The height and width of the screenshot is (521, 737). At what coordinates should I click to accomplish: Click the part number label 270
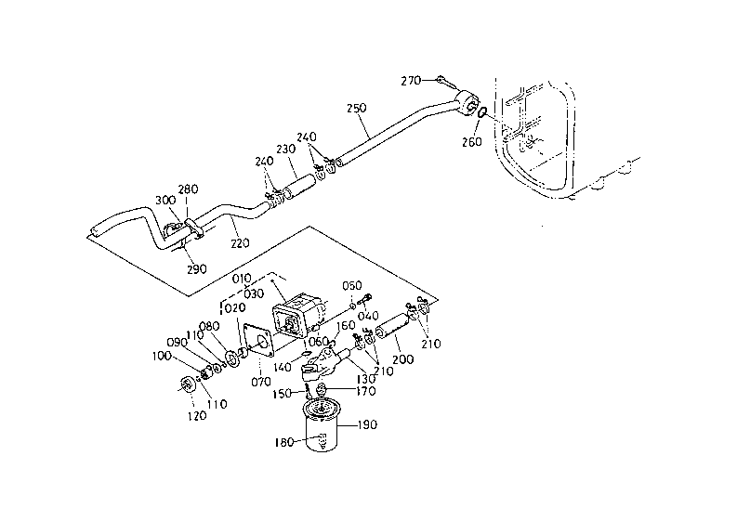411,81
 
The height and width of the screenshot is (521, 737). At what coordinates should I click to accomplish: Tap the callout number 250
356,108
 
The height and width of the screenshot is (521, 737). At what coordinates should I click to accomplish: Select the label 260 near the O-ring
471,141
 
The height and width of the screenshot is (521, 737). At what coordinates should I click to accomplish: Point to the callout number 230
285,149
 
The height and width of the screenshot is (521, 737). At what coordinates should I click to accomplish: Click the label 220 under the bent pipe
240,243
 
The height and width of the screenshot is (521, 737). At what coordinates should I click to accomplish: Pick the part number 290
196,269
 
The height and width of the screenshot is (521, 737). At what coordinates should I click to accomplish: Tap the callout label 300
165,200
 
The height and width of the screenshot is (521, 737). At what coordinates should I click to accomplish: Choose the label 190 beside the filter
367,424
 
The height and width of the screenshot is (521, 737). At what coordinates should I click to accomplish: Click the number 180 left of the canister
283,442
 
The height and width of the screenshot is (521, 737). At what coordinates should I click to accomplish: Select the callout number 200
403,359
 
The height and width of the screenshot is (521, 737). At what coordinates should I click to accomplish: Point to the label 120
196,415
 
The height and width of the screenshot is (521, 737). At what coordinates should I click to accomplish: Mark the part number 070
260,382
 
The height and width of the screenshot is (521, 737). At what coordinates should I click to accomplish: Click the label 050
351,286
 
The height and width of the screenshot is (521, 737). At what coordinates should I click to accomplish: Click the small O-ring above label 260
481,113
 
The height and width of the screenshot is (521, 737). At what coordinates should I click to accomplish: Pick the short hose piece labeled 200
392,326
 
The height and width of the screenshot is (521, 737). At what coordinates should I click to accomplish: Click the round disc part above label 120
187,384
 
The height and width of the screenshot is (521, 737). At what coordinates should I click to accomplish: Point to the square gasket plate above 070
259,342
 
